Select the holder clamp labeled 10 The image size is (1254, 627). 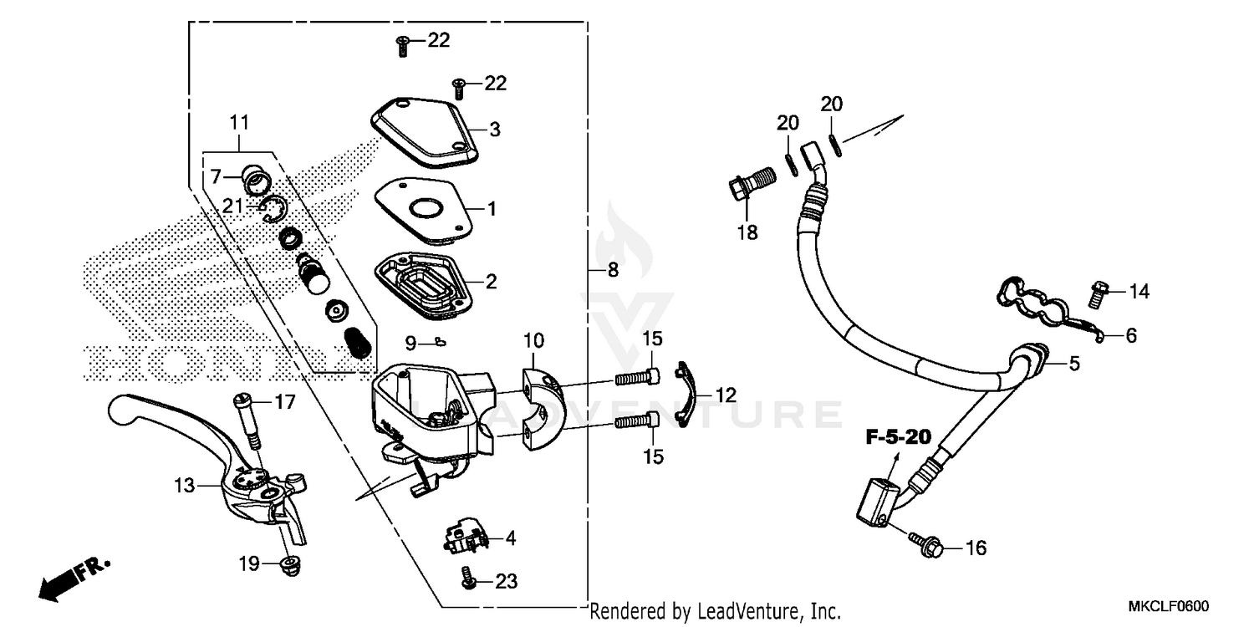click(x=538, y=405)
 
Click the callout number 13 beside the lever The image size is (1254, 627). click(x=185, y=484)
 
